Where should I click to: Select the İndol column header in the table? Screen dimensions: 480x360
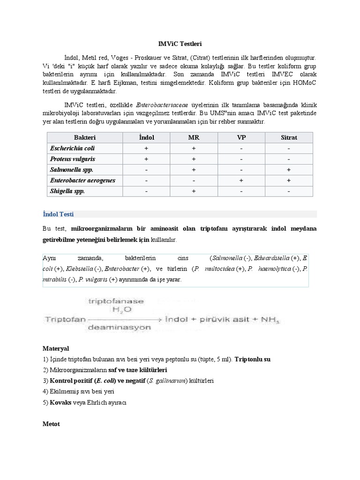146,137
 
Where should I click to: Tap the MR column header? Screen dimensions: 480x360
194,137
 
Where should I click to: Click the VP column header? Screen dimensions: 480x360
241,137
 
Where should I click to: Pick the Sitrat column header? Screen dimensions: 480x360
289,137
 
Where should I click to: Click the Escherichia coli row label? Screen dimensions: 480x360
66,148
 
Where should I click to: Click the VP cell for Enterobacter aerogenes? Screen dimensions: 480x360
241,180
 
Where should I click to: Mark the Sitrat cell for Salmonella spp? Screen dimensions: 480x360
289,170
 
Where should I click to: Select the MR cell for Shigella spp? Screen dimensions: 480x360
194,191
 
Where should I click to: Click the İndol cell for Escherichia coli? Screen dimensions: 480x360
146,148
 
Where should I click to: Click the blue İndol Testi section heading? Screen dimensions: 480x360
55,214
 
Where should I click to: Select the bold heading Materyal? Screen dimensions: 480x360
55,349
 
